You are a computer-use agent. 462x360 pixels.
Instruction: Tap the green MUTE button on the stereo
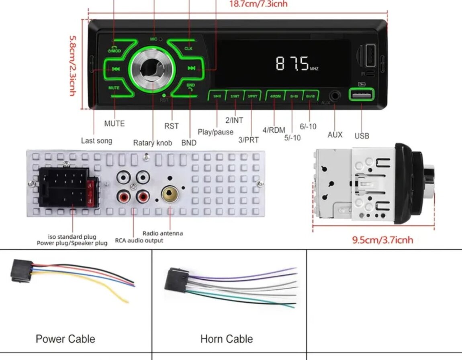coord(114,87)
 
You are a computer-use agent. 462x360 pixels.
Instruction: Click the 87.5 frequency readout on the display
coord(292,64)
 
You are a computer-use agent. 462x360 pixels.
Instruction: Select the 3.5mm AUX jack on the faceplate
coord(335,96)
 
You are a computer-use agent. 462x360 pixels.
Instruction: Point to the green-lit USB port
coord(361,95)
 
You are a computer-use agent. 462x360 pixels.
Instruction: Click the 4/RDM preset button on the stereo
coord(275,96)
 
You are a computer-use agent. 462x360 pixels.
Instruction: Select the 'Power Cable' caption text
coord(65,339)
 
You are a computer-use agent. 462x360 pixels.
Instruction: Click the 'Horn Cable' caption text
coord(227,339)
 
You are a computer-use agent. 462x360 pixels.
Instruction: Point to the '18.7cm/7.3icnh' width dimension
coord(258,4)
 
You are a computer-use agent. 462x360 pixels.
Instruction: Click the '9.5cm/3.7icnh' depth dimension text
coord(382,240)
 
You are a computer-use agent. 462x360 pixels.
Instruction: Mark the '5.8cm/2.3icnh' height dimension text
coord(72,65)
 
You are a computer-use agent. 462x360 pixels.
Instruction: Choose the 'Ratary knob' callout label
coord(152,143)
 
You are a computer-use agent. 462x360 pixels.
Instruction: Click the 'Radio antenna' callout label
coord(163,233)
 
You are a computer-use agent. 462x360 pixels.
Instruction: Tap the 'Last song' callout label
coord(96,140)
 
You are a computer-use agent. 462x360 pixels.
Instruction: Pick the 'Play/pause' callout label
coord(215,132)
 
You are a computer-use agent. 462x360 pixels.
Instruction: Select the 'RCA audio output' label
coord(139,240)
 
